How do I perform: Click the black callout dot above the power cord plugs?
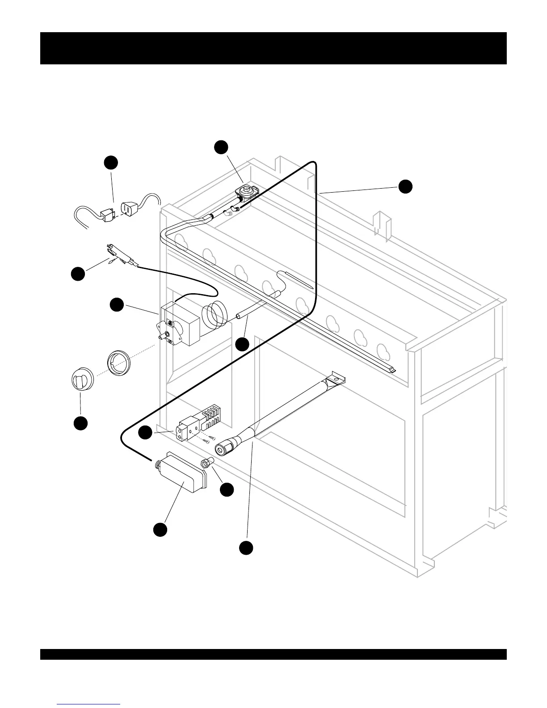coord(111,162)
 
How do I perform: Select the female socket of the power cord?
coord(128,208)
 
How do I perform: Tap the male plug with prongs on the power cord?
coord(107,216)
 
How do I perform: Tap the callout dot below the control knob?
coord(80,423)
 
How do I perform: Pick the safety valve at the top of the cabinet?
coord(245,191)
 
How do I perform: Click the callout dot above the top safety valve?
coord(221,147)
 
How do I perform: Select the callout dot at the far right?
coord(405,187)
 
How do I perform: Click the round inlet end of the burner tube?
coord(223,448)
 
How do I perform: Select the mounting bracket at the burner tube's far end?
coord(337,379)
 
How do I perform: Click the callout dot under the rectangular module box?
coord(160,530)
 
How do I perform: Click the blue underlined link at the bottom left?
coord(88,704)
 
